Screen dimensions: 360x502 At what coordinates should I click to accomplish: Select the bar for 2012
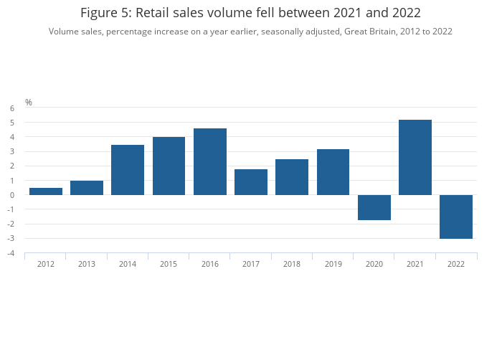(46, 191)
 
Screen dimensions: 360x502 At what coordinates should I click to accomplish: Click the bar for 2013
(87, 188)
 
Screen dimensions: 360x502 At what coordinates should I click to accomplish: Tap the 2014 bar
(128, 170)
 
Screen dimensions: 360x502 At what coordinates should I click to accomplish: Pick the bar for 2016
(210, 161)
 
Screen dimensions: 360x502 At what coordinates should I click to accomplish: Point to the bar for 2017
(251, 182)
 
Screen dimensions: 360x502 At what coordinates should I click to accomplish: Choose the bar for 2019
(333, 172)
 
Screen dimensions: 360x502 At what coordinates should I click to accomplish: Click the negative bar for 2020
(374, 207)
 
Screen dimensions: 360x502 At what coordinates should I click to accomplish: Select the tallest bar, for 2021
(415, 157)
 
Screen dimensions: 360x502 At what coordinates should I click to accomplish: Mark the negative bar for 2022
(456, 217)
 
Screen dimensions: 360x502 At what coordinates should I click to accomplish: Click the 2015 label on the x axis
(169, 264)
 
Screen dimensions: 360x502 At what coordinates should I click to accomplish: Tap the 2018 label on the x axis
(292, 264)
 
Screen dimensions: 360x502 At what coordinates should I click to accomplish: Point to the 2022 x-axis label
(456, 264)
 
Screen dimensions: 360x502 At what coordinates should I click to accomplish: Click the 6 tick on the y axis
(12, 108)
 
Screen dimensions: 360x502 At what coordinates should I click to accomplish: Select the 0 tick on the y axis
(12, 195)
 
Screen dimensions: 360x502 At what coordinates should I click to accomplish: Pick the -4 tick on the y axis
(11, 253)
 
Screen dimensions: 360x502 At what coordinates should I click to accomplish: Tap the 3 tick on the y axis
(12, 151)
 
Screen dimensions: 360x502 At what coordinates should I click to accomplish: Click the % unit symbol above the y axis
(29, 103)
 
